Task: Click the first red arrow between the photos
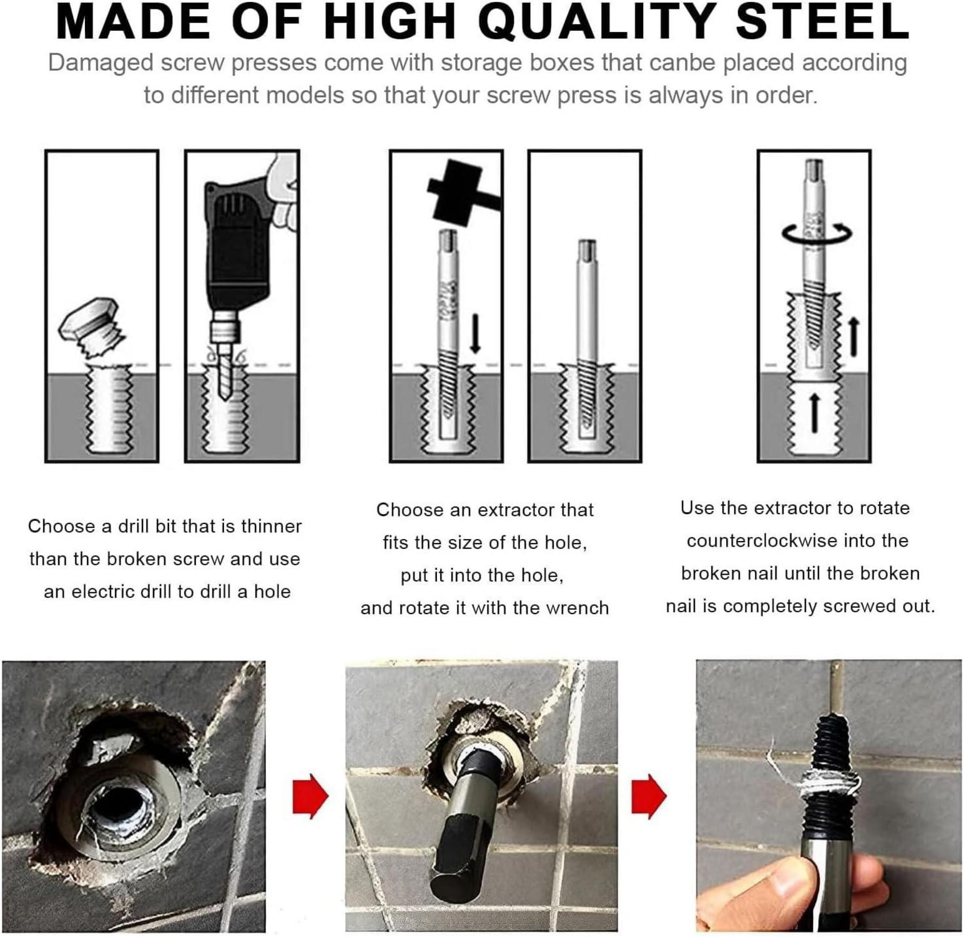[310, 796]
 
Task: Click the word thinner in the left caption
[272, 526]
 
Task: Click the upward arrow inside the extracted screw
[814, 412]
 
